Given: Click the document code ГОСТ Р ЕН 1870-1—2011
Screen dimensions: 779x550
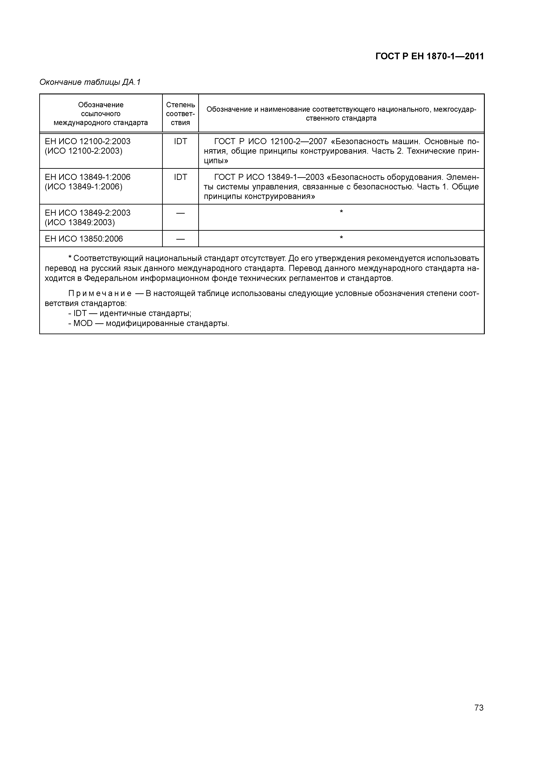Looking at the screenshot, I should [x=429, y=56].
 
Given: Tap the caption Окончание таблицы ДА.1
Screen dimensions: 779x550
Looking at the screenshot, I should [x=90, y=82].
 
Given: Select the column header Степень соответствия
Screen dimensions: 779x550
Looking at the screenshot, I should [x=180, y=114].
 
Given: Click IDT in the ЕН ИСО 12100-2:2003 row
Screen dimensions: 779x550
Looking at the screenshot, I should [x=180, y=141].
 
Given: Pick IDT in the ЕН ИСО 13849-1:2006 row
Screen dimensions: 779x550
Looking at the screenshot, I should [x=180, y=177].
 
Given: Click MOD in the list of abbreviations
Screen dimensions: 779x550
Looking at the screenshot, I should [x=83, y=323].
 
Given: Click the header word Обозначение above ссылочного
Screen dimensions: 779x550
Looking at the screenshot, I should [x=101, y=105].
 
